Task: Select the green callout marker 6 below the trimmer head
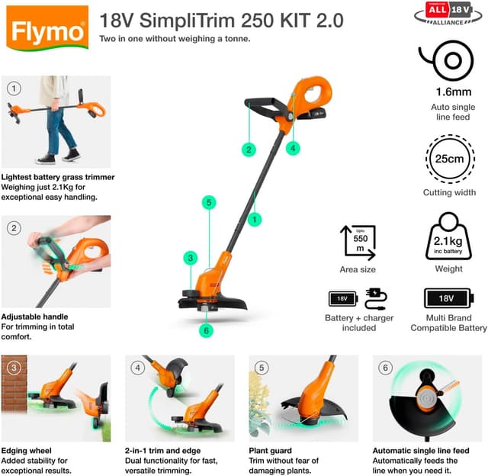205,330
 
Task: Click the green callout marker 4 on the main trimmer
294,148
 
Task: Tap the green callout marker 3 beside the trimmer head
191,258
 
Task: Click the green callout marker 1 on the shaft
255,219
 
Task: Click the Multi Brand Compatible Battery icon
448,298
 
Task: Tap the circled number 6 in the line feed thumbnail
385,368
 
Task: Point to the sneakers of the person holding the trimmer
58,157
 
